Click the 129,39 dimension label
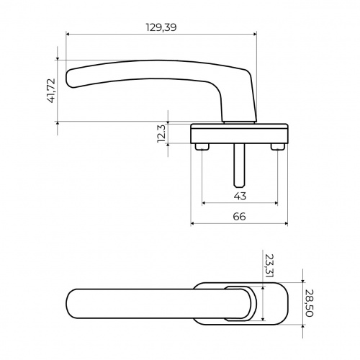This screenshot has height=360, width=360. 161,27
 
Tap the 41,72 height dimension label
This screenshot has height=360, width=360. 52,91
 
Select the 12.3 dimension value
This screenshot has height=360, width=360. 161,133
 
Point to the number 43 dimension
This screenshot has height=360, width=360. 240,196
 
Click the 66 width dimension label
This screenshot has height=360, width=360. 239,217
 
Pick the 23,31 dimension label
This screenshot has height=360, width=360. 269,266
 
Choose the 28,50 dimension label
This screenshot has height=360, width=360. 310,303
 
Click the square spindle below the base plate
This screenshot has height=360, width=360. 240,166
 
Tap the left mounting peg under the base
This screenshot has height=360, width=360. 202,147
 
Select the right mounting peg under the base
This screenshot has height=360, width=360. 278,147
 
